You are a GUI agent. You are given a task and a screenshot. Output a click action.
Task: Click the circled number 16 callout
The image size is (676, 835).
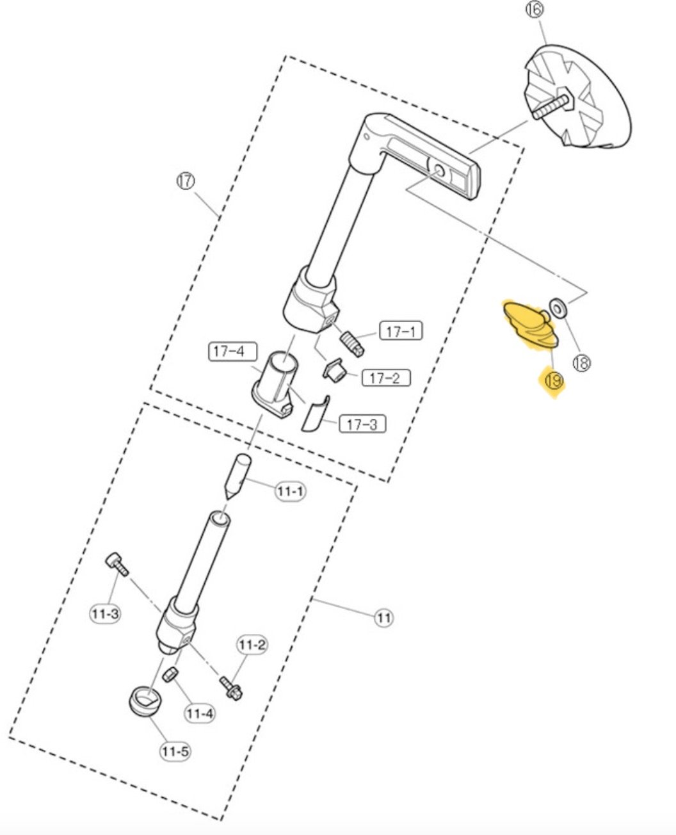[535, 10]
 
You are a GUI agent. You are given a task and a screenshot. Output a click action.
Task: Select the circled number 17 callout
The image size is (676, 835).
[185, 181]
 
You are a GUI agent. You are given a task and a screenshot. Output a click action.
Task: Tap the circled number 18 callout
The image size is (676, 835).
[581, 364]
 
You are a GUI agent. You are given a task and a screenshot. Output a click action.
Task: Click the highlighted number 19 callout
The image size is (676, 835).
[553, 381]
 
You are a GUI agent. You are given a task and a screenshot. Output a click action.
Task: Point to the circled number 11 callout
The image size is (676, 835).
[383, 618]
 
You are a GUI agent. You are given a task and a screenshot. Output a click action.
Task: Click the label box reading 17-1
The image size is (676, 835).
[401, 331]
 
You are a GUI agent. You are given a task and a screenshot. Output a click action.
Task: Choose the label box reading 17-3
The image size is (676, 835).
[362, 424]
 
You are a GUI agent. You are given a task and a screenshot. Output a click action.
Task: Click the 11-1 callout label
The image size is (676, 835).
[290, 491]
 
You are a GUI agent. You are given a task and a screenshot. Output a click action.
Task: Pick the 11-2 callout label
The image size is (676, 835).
[252, 645]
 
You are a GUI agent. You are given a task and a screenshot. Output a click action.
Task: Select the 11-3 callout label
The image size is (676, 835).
[104, 614]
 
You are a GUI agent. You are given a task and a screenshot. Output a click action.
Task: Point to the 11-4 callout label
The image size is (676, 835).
[200, 712]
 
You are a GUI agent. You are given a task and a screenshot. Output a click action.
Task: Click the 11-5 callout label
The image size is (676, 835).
[175, 751]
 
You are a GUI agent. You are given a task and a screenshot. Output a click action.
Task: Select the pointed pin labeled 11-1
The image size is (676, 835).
[237, 474]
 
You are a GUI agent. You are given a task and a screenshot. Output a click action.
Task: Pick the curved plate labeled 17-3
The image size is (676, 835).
[314, 414]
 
